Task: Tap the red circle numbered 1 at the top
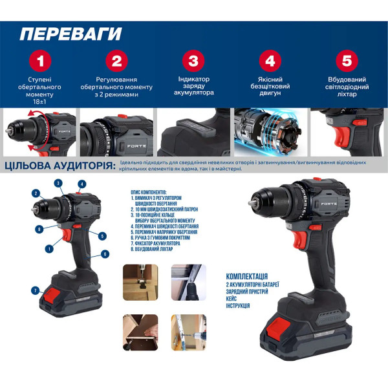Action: pyautogui.click(x=39, y=61)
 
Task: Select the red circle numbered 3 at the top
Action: pyautogui.click(x=193, y=61)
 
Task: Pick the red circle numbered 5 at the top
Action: pyautogui.click(x=348, y=61)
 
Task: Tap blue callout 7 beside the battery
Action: pyautogui.click(x=36, y=291)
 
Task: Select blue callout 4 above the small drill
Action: pyautogui.click(x=82, y=184)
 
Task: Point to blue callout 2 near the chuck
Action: pyautogui.click(x=36, y=193)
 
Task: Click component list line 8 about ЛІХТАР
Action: pyautogui.click(x=151, y=249)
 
